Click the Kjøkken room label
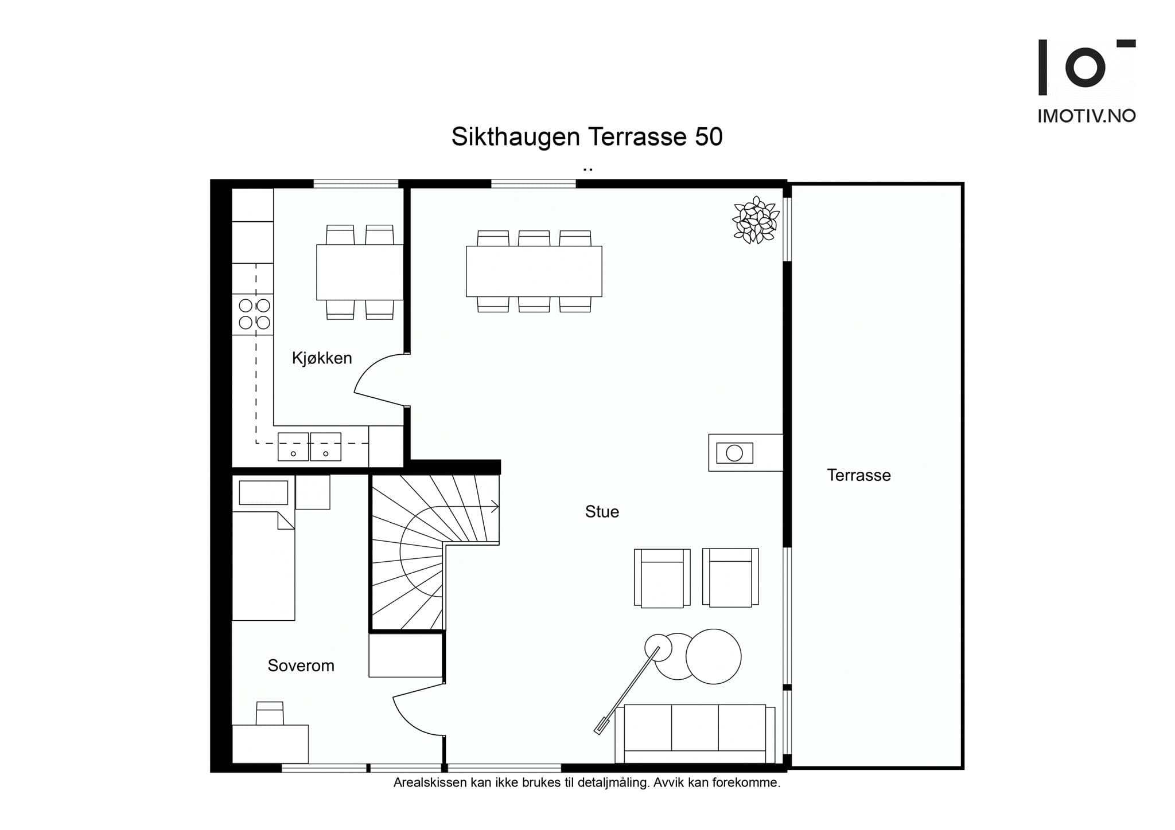click(x=322, y=358)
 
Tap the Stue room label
click(x=602, y=511)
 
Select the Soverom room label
click(x=301, y=665)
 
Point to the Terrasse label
click(x=858, y=475)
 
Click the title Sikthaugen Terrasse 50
click(x=587, y=136)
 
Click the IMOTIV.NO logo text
click(x=1087, y=116)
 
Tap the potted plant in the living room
click(x=756, y=220)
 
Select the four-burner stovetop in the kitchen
click(x=253, y=314)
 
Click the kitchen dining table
click(x=360, y=272)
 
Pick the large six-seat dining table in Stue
click(x=534, y=271)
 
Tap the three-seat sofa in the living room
click(x=695, y=734)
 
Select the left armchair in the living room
click(x=662, y=578)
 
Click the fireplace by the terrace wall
click(x=745, y=453)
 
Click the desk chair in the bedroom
click(x=270, y=713)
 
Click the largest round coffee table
click(x=713, y=656)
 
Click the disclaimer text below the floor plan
click(x=587, y=782)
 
